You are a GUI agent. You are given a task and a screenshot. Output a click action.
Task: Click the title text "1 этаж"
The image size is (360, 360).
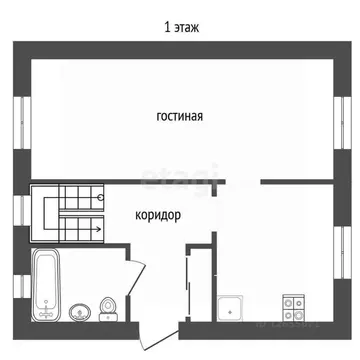tap(180, 27)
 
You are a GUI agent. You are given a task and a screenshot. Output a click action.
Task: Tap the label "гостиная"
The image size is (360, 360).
tap(180, 116)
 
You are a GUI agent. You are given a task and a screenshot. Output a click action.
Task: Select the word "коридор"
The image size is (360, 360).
tap(158, 213)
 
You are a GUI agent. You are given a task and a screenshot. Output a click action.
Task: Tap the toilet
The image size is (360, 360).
tap(109, 307)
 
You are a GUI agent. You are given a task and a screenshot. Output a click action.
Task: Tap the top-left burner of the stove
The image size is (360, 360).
tap(289, 302)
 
